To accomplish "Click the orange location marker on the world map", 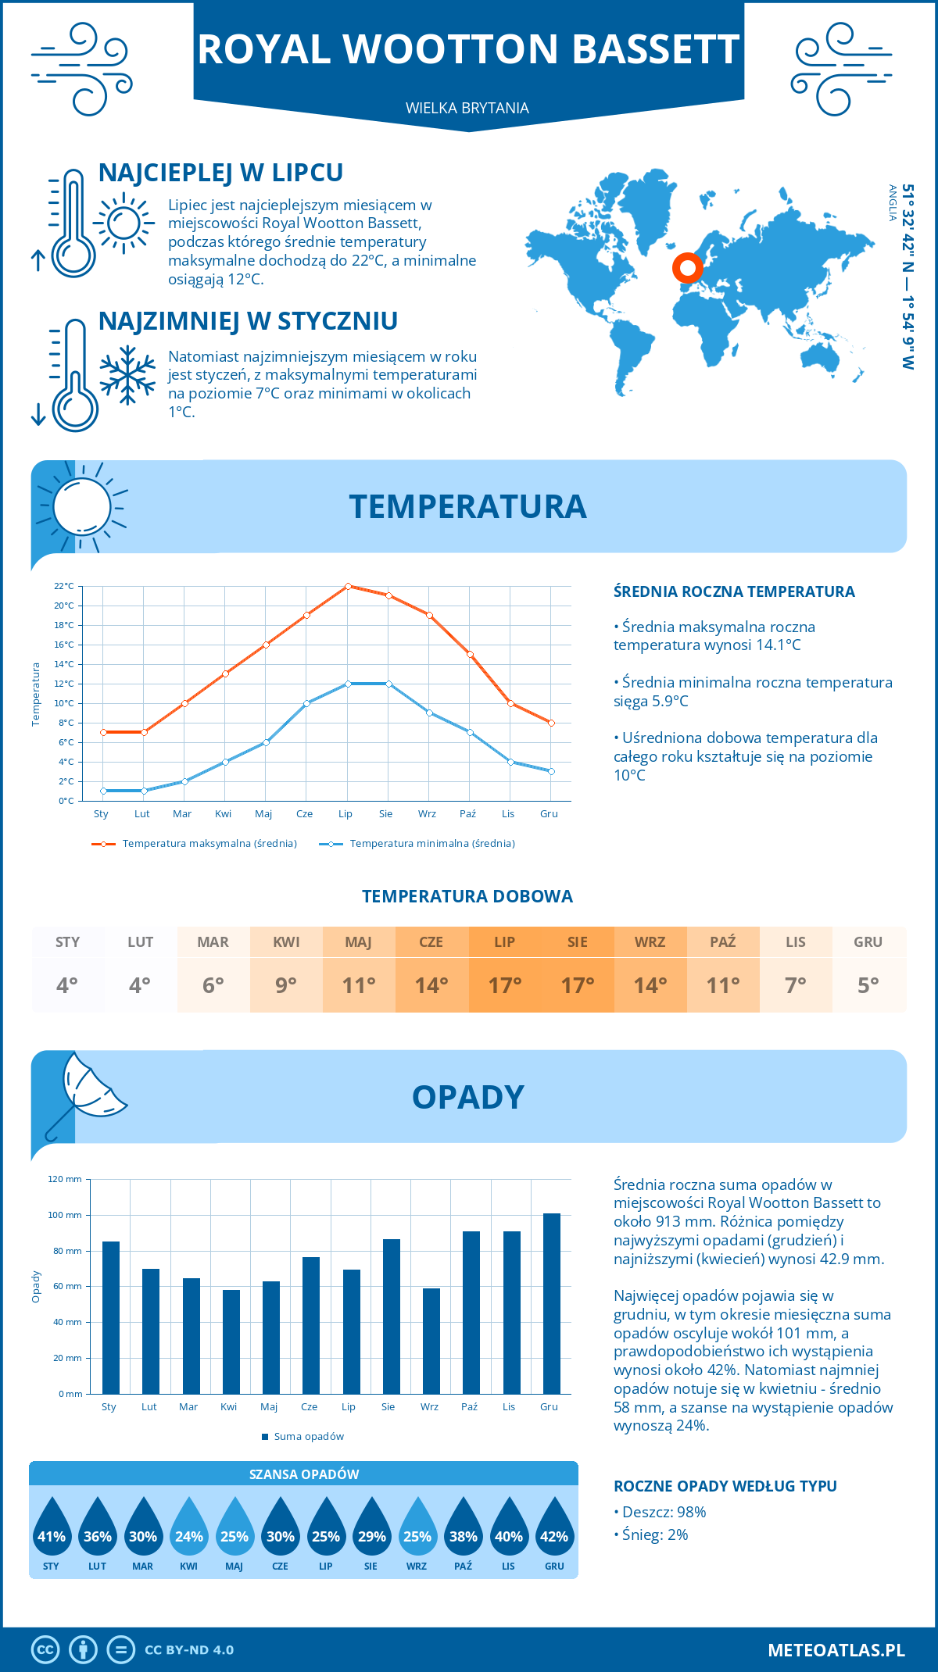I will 688,268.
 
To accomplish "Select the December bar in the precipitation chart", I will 552,1303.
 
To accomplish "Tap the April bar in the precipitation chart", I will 231,1342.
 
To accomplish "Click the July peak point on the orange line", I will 348,586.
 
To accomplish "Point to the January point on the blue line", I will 103,791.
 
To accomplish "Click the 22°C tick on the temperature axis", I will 64,586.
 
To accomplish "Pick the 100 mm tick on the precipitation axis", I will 65,1215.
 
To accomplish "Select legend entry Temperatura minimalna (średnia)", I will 431,844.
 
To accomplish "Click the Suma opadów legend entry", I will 309,1436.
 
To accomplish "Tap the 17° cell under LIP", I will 504,985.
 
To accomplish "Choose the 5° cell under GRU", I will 868,985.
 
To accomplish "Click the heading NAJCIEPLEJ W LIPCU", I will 220,173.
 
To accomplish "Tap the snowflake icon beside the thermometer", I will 127,375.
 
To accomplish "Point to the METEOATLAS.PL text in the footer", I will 836,1649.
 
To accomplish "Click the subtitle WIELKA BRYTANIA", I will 467,108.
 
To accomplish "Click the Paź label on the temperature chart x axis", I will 467,813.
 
